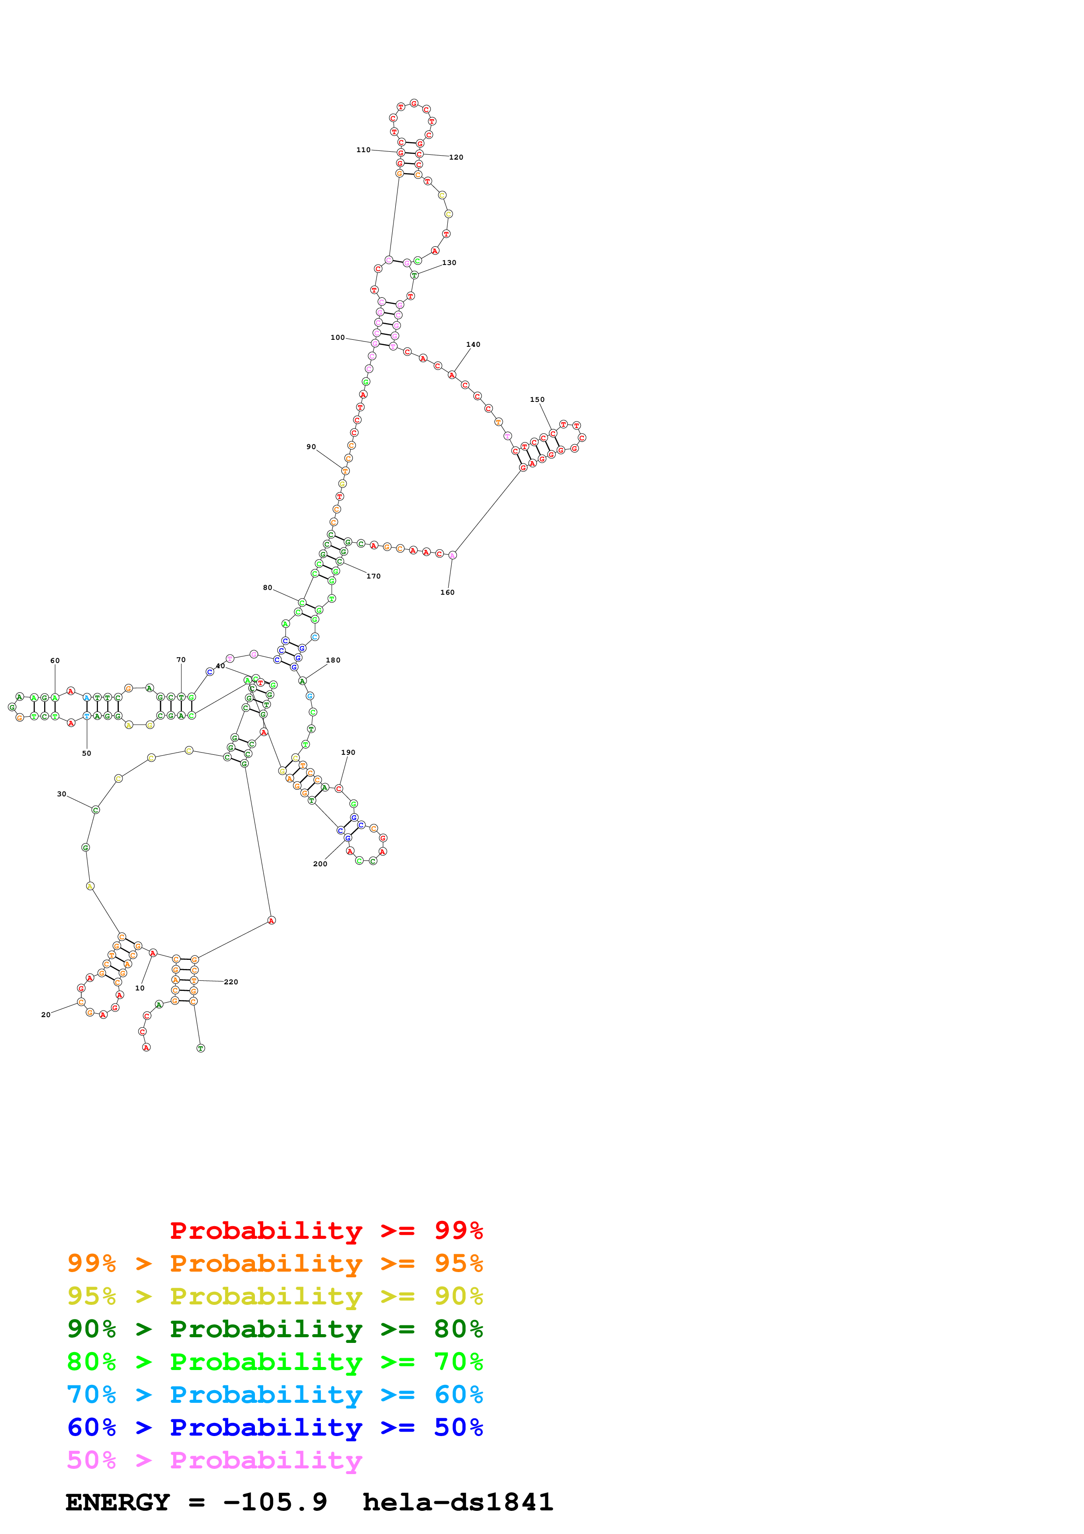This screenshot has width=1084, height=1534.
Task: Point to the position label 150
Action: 537,400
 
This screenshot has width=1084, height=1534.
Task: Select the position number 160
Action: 447,592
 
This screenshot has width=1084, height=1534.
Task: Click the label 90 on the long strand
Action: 311,446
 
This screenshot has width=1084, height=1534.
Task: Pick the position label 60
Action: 55,660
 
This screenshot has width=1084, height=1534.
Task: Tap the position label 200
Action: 320,864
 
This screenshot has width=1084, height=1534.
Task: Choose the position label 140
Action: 473,344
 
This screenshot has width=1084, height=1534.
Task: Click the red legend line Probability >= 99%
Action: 326,1230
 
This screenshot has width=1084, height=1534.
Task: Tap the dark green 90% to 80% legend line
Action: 275,1329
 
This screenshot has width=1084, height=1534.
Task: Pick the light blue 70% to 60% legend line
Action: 275,1395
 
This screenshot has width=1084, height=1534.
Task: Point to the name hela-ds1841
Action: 457,1502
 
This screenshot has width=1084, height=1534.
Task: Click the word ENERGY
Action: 118,1502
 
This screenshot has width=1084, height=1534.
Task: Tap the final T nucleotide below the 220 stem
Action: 200,1048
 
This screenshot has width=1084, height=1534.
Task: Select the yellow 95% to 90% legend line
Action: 275,1296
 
